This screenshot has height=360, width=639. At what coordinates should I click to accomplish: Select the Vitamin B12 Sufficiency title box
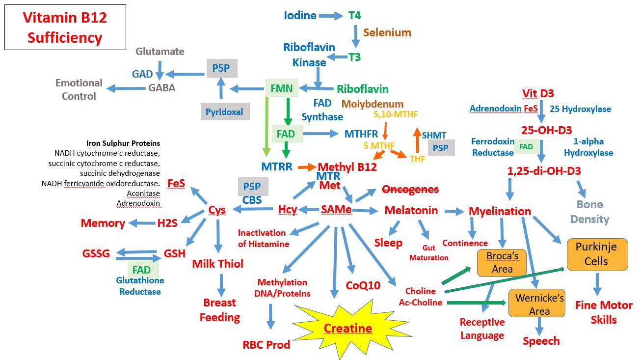tap(65, 28)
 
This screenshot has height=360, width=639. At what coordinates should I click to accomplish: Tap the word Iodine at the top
tap(300, 15)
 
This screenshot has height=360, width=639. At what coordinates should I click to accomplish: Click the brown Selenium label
tap(387, 32)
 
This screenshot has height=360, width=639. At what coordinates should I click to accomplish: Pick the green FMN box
tap(282, 89)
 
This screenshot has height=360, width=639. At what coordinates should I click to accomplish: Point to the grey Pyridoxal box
tap(224, 111)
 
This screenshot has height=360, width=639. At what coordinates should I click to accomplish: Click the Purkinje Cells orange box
tap(596, 254)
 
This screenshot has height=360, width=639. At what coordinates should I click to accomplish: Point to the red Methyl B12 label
tap(347, 167)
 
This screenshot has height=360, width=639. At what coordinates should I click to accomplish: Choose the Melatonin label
tap(411, 210)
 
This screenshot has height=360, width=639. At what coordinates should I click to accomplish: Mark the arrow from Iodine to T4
tap(331, 16)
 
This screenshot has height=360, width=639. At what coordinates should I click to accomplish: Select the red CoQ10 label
tap(363, 285)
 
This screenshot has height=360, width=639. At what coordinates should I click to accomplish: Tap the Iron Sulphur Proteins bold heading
tap(123, 143)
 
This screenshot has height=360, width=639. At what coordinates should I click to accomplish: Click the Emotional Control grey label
tap(79, 89)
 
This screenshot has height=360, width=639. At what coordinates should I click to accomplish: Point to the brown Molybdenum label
tap(372, 104)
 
